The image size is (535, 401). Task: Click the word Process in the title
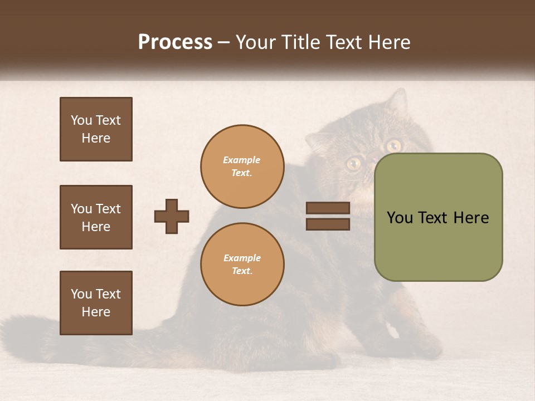pos(175,42)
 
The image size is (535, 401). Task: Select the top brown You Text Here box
pos(96,129)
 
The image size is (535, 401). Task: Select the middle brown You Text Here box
pos(96,217)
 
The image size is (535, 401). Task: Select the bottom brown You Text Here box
pos(96,303)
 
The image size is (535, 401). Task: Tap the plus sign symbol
pos(172,216)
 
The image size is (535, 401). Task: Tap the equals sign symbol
pos(328,216)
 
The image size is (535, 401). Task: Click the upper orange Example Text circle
pos(242,167)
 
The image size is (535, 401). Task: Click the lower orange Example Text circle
pos(242,265)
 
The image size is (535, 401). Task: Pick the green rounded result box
pos(438,217)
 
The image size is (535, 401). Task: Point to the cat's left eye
pos(353,163)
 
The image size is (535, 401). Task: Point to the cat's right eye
pos(394,145)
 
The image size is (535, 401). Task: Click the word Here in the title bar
pos(389,42)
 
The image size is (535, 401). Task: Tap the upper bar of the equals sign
pos(328,208)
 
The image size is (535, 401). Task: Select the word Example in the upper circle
pos(242,160)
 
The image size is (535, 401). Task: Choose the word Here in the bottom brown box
pos(96,312)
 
